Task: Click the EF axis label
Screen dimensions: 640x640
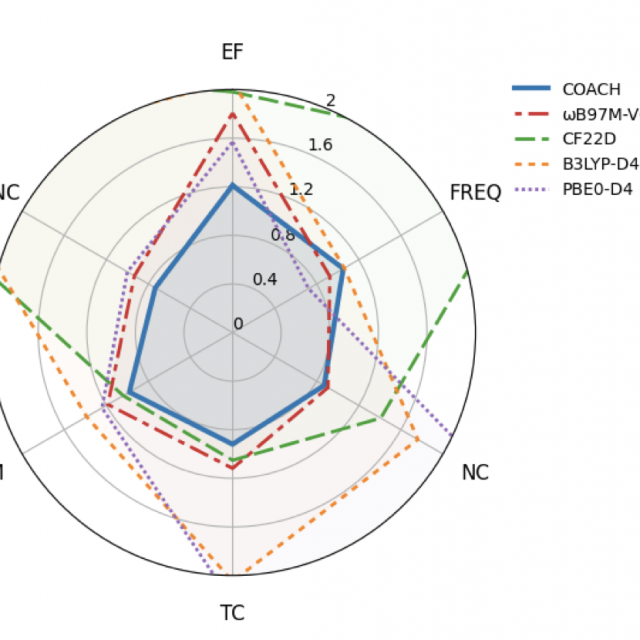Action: pyautogui.click(x=232, y=52)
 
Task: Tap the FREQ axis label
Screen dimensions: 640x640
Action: pyautogui.click(x=475, y=192)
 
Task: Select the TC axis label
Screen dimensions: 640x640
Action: pyautogui.click(x=232, y=613)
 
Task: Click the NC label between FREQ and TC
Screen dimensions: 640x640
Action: pyautogui.click(x=475, y=473)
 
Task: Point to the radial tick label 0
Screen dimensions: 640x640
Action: pyautogui.click(x=238, y=323)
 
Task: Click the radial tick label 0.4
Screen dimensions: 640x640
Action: pyautogui.click(x=264, y=278)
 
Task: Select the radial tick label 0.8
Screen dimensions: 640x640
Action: pyautogui.click(x=283, y=235)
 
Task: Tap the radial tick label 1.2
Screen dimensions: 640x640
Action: pyautogui.click(x=301, y=190)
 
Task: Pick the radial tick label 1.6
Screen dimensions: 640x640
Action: pyautogui.click(x=320, y=145)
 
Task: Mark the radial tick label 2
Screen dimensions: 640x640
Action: pyautogui.click(x=331, y=100)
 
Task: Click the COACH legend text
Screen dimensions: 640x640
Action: pyautogui.click(x=591, y=89)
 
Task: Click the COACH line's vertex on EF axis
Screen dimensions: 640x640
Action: pyautogui.click(x=232, y=185)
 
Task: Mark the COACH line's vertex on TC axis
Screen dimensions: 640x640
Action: pyautogui.click(x=232, y=443)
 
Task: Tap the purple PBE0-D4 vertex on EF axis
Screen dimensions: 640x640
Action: pyautogui.click(x=232, y=141)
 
